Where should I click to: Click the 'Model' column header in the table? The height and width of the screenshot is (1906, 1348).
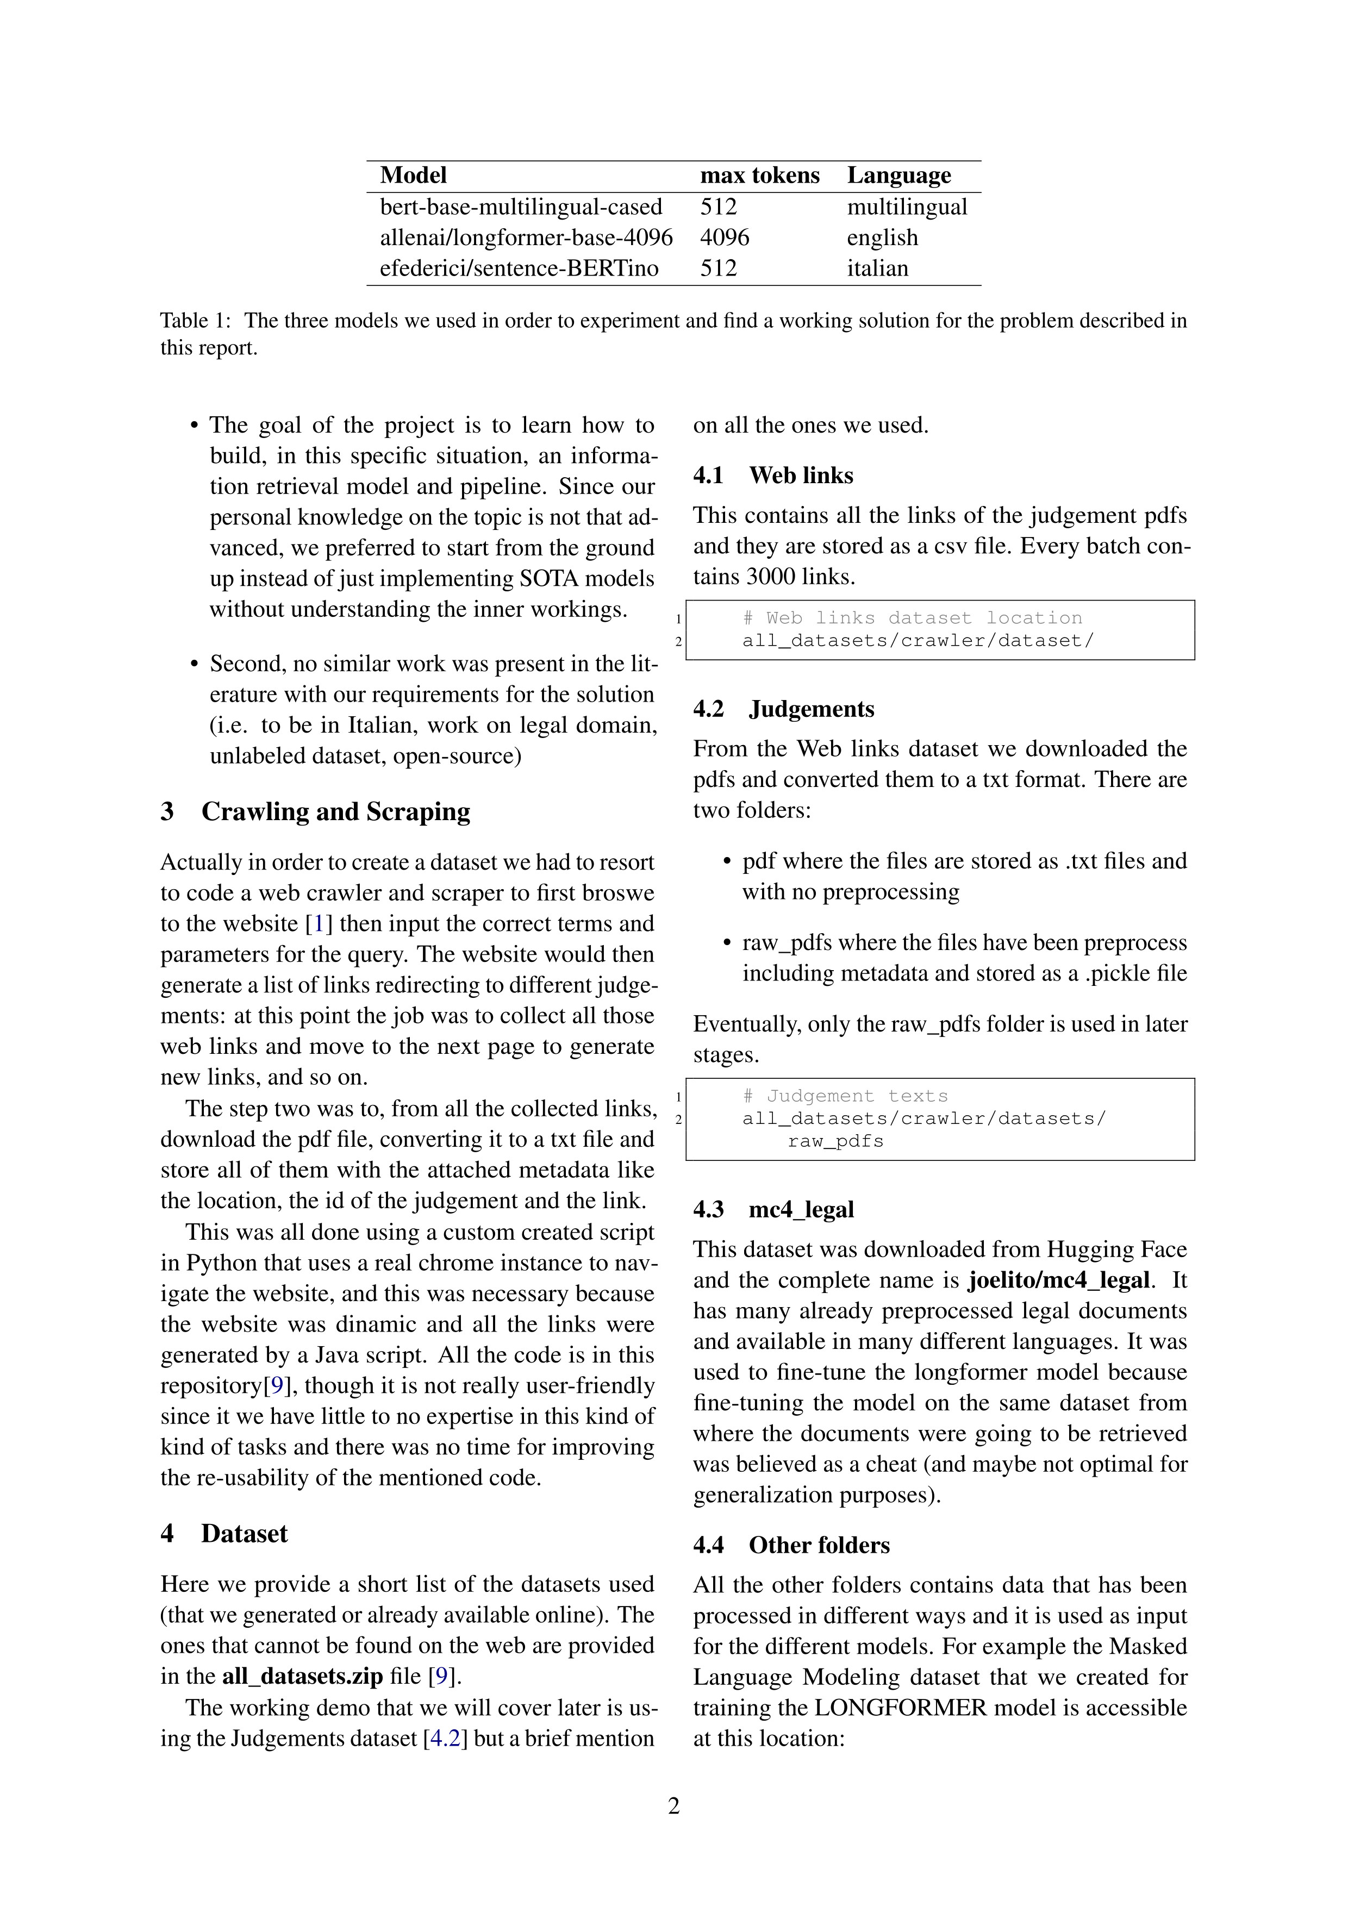413,175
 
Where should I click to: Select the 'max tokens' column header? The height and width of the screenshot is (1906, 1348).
759,175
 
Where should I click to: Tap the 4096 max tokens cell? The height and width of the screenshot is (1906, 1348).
724,238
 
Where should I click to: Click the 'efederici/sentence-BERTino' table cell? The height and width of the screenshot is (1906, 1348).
519,268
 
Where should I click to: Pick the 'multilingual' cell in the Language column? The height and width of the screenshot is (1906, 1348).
907,207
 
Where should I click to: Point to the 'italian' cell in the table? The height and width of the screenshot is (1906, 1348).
877,268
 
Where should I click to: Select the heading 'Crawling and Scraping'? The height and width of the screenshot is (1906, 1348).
335,811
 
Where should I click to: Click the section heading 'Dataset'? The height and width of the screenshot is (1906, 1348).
244,1533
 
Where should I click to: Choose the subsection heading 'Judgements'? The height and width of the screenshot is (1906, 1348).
811,708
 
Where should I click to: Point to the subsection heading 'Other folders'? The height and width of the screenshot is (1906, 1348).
819,1545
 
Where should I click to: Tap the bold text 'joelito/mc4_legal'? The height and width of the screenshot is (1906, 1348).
1058,1280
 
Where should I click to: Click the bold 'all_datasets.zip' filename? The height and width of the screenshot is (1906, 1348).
302,1676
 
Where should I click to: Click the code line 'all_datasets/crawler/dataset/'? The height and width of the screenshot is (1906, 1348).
918,640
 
